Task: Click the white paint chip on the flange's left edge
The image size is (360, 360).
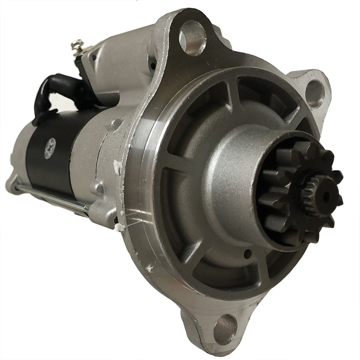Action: [118, 167]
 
